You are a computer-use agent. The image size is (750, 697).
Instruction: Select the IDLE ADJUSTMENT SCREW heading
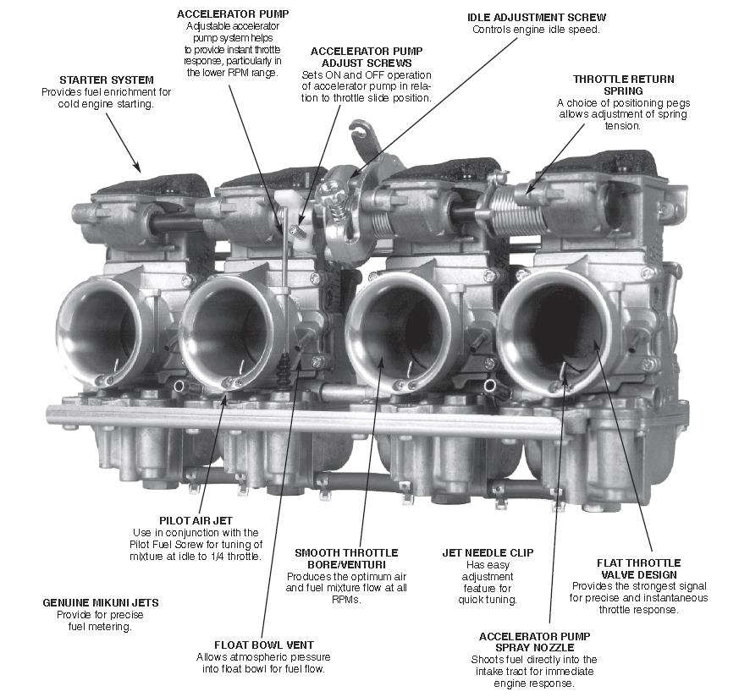click(537, 17)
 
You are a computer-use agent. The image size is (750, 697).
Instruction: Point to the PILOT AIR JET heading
click(195, 520)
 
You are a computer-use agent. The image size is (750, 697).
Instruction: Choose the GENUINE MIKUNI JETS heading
click(101, 603)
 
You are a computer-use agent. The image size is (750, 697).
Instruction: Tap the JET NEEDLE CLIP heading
click(488, 553)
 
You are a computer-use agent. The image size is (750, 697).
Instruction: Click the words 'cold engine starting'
click(104, 104)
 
